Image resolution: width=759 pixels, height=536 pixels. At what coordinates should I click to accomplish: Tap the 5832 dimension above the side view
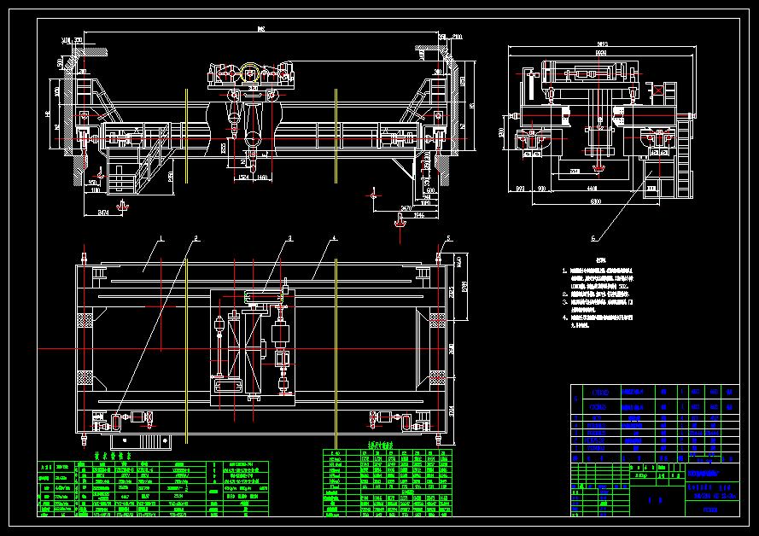coord(602,43)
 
